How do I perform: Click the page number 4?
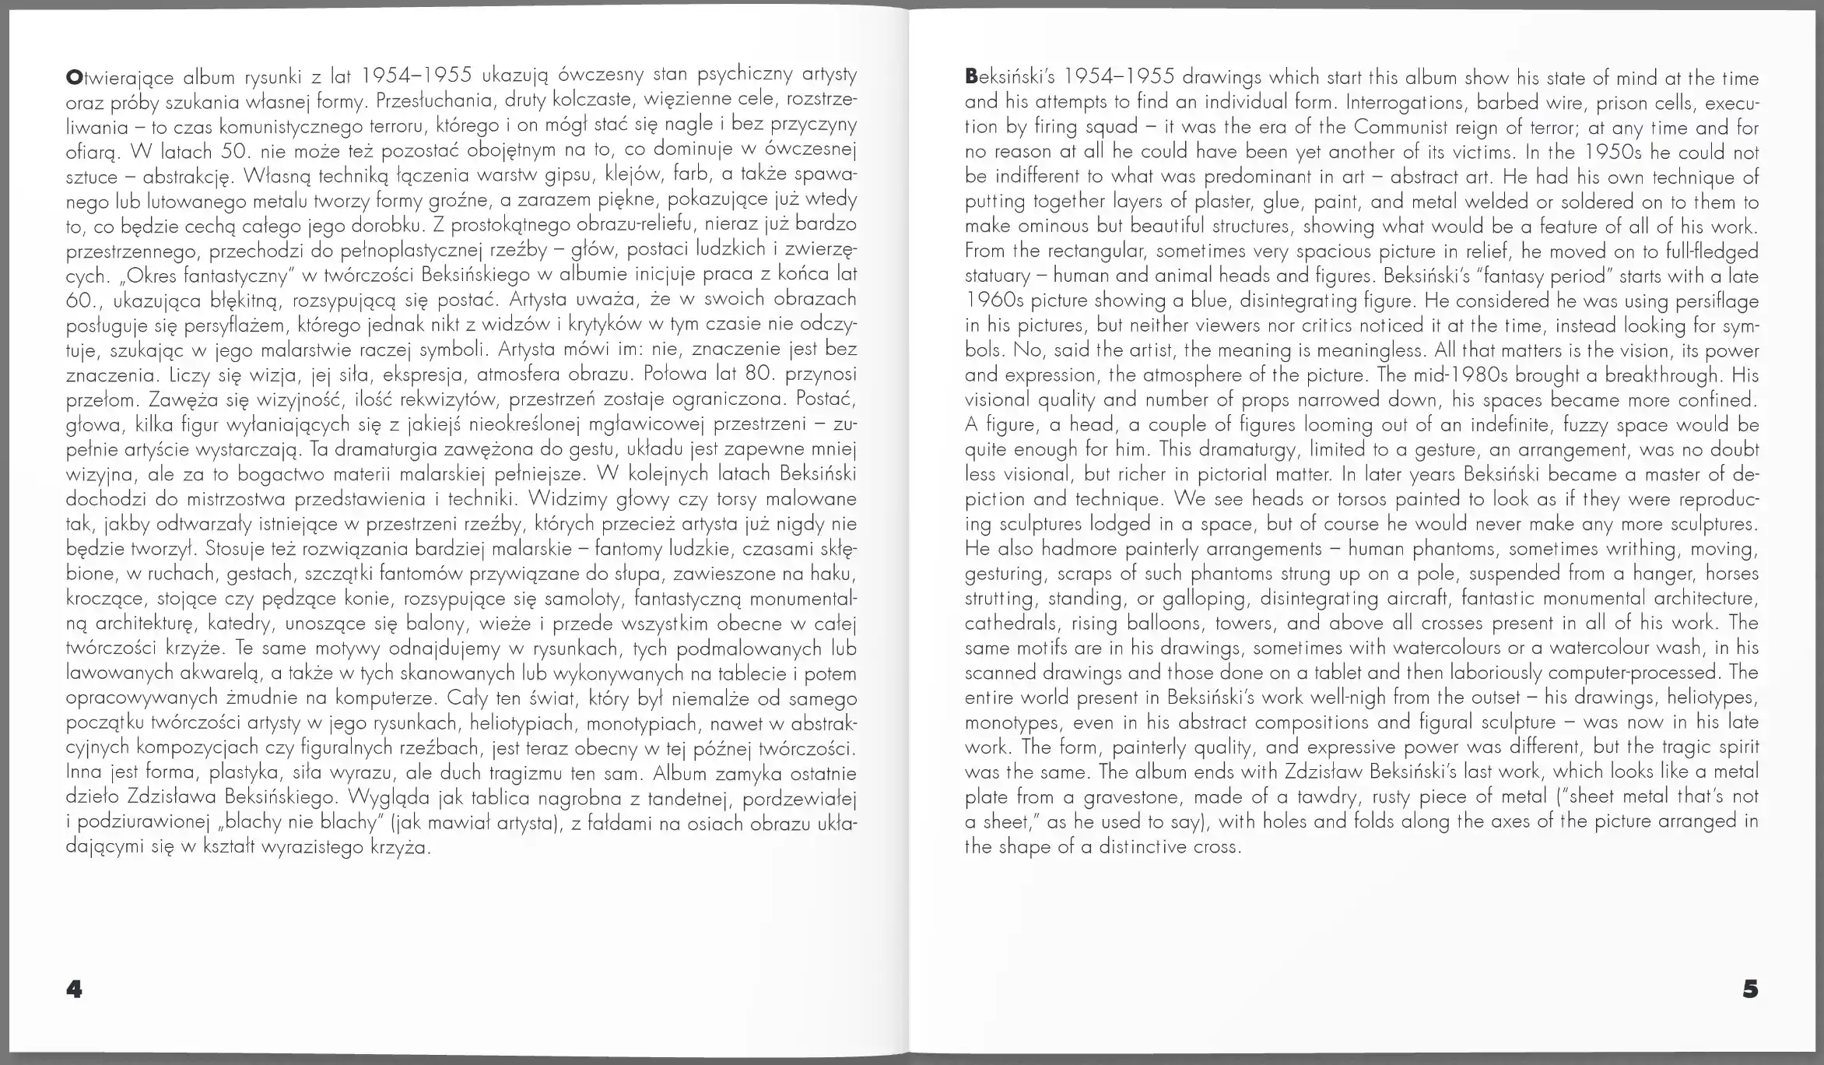pos(74,989)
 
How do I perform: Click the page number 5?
pos(1750,989)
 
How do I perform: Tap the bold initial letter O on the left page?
pos(74,76)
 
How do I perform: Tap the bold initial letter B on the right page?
pos(971,77)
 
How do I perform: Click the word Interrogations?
pos(1401,103)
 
